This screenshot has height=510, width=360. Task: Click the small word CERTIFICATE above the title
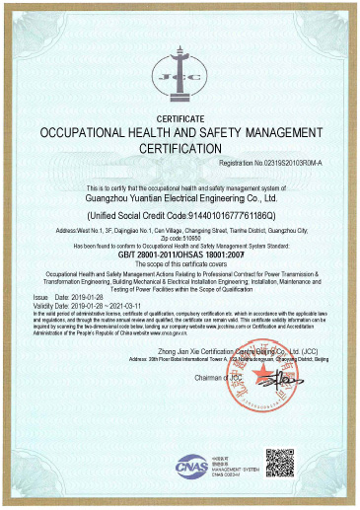coord(180,116)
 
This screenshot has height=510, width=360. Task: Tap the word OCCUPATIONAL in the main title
coord(82,131)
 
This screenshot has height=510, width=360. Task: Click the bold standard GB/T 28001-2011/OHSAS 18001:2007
coord(180,254)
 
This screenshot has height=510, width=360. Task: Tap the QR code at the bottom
coord(280,464)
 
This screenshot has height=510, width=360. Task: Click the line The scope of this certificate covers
coord(180,263)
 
